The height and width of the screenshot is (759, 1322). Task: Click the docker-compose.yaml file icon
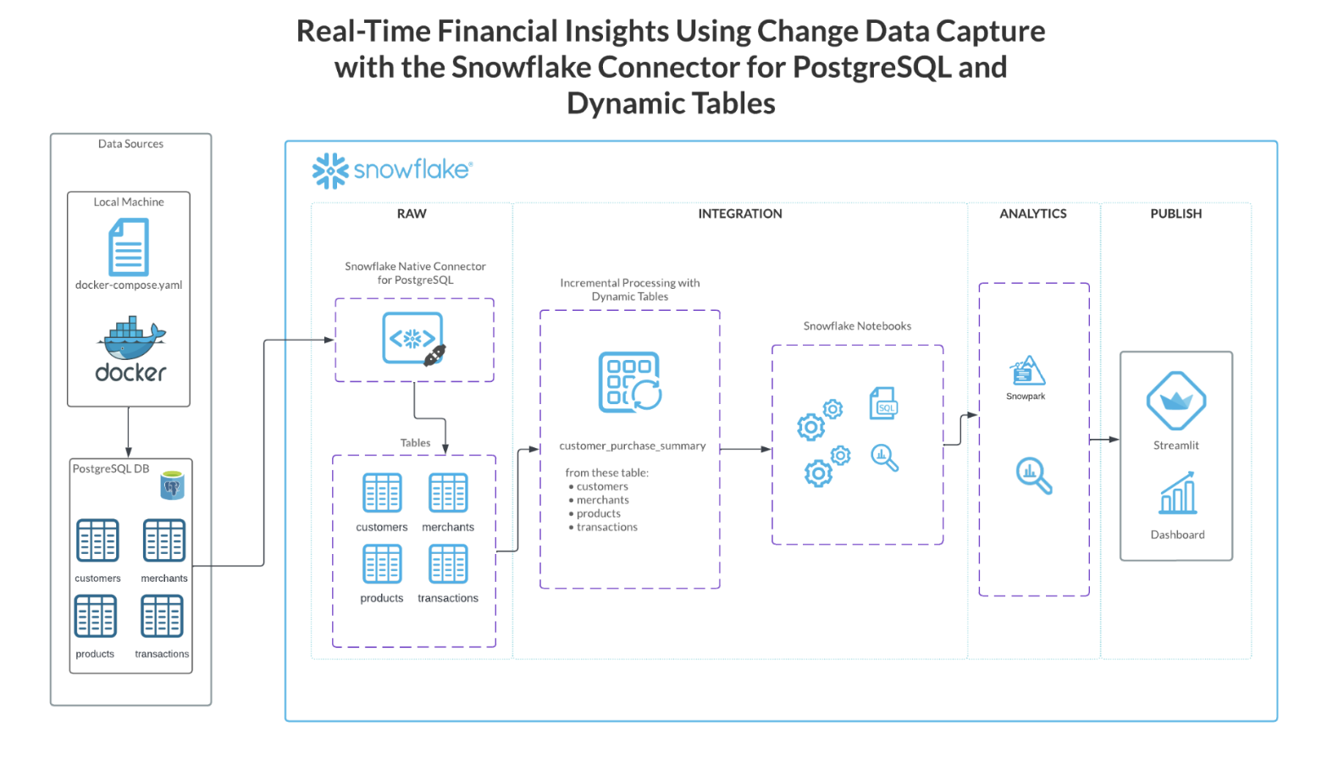tap(129, 247)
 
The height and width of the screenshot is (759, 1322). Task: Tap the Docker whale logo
tap(131, 339)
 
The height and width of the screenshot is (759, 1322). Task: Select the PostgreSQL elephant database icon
tap(172, 485)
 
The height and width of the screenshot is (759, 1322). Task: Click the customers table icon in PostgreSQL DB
tap(97, 540)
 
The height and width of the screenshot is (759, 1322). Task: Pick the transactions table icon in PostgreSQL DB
tap(162, 616)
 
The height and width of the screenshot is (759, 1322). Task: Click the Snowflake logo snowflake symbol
tap(330, 170)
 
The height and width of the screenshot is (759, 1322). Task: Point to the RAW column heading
tap(412, 213)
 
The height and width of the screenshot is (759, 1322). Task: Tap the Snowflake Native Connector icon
tap(414, 339)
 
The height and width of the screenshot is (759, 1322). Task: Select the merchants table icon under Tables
tap(448, 493)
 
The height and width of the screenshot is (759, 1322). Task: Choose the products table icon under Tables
tap(382, 564)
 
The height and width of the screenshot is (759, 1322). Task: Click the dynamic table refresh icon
tap(630, 382)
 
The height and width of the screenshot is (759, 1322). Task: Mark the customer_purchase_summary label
tap(632, 446)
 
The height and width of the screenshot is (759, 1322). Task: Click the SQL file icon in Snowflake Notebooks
tap(883, 403)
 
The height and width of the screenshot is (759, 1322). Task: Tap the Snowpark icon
tap(1027, 371)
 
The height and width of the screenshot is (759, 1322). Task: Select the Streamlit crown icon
tap(1175, 401)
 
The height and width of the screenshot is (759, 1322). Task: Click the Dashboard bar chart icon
tap(1178, 494)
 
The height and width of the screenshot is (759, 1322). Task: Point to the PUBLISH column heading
tap(1175, 213)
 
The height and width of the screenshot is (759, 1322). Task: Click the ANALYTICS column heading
tap(1032, 213)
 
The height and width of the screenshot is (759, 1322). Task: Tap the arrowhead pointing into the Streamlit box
tap(1115, 440)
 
